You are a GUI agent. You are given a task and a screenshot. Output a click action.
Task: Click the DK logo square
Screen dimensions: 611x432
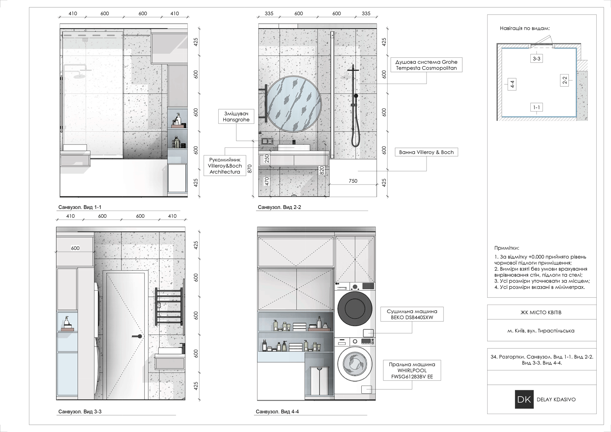[x=524, y=399]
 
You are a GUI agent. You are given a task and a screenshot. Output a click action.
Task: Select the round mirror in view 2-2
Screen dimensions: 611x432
[x=294, y=104]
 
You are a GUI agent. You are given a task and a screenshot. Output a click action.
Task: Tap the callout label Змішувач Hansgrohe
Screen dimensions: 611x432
[x=236, y=116]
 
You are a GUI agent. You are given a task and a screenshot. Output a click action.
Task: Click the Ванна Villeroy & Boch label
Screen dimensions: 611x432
[x=426, y=152]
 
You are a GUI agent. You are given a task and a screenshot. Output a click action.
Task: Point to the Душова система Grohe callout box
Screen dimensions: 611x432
[x=426, y=65]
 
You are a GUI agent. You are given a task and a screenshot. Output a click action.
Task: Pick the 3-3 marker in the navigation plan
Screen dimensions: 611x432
[x=536, y=58]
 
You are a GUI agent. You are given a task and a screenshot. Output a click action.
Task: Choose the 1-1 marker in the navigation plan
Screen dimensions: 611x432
[x=536, y=107]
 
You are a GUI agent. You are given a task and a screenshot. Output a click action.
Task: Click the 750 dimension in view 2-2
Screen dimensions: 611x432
[x=353, y=181]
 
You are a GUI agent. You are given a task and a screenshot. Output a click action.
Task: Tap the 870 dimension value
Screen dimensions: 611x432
[x=249, y=169]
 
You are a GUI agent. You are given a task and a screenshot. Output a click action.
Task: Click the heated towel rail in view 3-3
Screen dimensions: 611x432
[x=169, y=306]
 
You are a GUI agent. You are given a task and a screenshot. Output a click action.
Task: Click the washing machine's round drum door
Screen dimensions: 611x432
[x=355, y=364]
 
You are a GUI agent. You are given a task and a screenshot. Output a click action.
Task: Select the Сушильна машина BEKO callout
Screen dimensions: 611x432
[x=412, y=314]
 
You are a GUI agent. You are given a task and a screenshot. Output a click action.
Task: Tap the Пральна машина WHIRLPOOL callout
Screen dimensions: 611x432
[x=412, y=371]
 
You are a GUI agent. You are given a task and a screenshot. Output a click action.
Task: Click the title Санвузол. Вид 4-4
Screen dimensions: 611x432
[x=277, y=412]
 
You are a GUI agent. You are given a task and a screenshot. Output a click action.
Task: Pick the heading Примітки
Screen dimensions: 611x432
[x=507, y=248]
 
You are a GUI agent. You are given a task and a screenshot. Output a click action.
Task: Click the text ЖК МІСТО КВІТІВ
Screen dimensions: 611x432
[x=541, y=313]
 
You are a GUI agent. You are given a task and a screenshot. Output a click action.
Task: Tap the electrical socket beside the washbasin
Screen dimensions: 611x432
[x=267, y=141]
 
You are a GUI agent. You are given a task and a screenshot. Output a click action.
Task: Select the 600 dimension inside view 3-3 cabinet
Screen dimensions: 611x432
[x=75, y=248]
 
